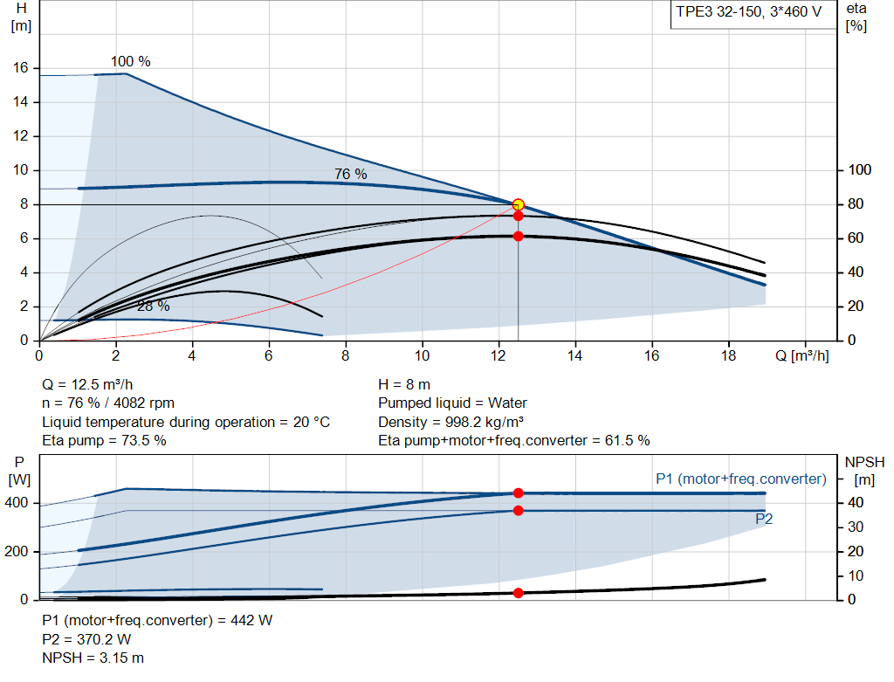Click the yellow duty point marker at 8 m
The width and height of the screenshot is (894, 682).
(518, 204)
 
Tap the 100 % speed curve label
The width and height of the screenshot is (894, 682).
(130, 62)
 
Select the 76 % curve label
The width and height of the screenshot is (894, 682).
(350, 175)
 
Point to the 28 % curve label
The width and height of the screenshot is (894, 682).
(153, 307)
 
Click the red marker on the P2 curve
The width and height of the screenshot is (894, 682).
(518, 510)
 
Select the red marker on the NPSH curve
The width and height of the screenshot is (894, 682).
(518, 593)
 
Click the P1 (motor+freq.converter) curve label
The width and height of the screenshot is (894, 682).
(740, 479)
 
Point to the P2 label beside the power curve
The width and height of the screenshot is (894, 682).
(764, 519)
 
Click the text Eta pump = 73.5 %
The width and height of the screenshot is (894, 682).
(104, 441)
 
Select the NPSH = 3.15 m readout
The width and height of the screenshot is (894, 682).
(93, 658)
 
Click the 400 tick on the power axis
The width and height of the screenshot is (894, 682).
(18, 503)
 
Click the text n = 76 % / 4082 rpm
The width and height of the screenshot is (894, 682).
(108, 403)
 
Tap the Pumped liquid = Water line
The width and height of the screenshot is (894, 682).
(452, 403)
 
